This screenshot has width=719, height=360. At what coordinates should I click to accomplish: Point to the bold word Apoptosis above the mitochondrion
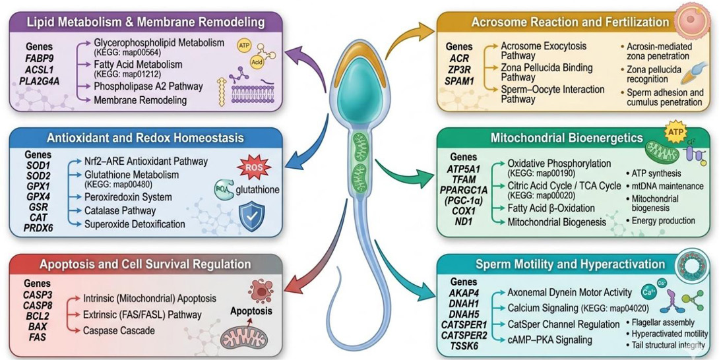point(252,311)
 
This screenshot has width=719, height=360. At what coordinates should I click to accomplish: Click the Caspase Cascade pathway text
point(119,330)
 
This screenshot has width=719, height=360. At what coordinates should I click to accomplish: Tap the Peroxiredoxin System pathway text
point(129,197)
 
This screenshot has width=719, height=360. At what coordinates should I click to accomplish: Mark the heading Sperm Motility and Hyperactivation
point(571,264)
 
